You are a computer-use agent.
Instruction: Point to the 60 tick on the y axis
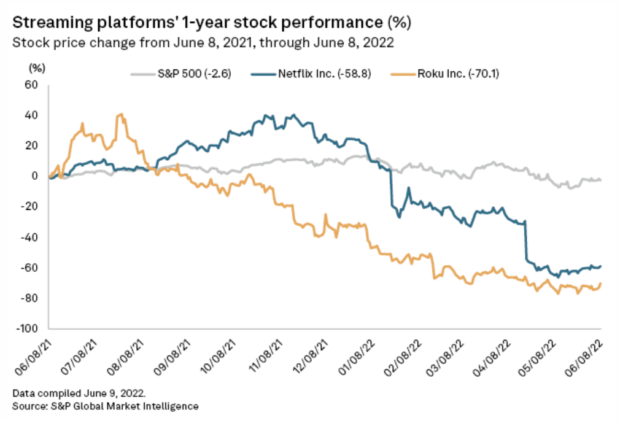[32, 85]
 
